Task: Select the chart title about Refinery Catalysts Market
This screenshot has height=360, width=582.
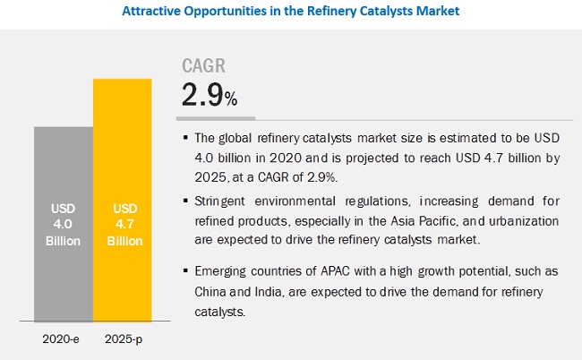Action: pyautogui.click(x=290, y=12)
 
